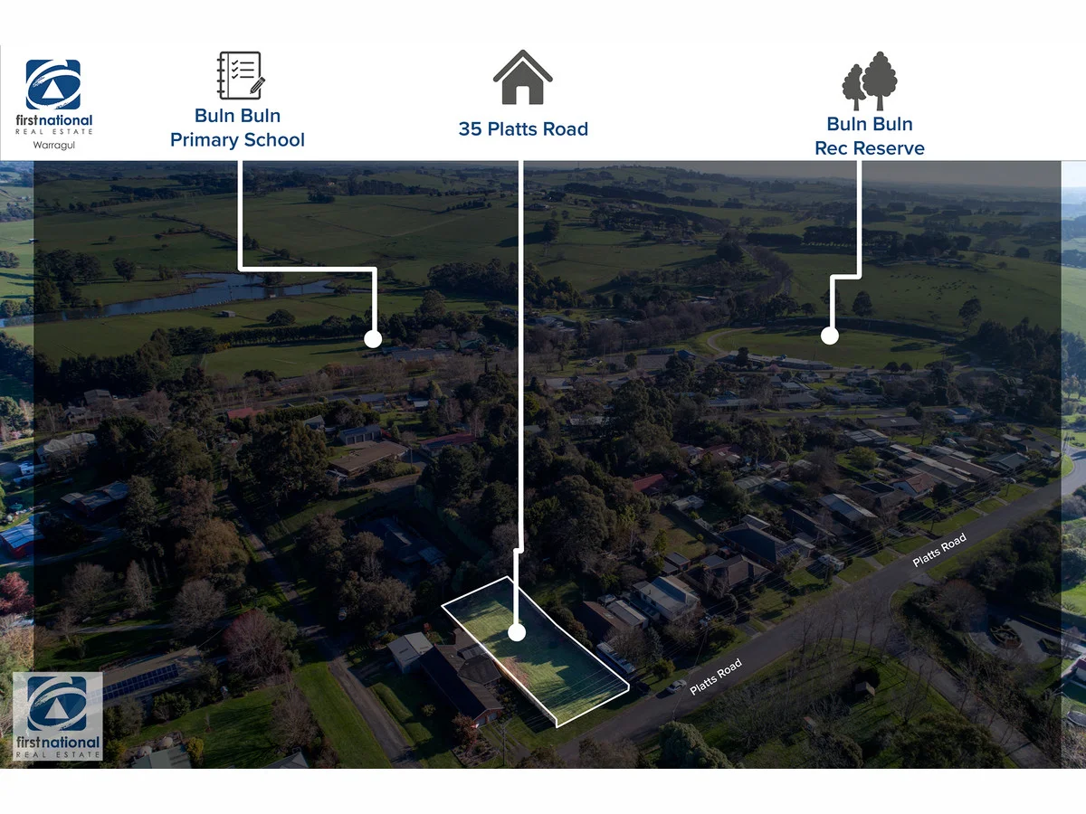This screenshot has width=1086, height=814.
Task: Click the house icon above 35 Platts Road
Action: tap(522, 78)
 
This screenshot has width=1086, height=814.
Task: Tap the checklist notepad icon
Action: tap(240, 75)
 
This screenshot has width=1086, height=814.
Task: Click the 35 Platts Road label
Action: tap(523, 129)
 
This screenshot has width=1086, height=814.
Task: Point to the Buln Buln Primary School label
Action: tap(237, 128)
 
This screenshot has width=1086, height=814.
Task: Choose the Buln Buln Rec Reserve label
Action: tap(870, 137)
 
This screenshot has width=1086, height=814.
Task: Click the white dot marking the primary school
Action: tap(372, 339)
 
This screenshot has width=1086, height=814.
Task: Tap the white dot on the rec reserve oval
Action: tap(829, 336)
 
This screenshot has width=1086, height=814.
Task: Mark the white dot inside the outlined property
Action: tap(516, 632)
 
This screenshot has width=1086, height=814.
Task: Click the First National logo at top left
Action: tap(53, 86)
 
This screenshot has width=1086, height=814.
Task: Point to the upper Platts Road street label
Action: tap(939, 550)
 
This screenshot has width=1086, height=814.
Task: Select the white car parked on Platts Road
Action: tap(675, 686)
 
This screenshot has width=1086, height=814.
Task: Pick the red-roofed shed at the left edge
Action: tap(19, 540)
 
